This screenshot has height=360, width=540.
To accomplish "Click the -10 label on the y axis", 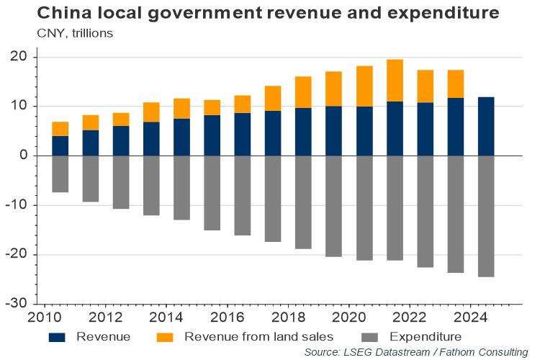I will pos(16,205).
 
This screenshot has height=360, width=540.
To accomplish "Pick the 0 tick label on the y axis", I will pos(23,156).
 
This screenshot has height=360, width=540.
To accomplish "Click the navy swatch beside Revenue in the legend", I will pos(59,336).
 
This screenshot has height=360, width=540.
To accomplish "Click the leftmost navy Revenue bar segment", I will pos(60,145).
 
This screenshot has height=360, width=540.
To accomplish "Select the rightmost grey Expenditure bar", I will pos(486,216).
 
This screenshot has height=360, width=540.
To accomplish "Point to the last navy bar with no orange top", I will pos(486,126).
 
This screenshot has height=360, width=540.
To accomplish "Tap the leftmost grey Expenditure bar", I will pos(60,174).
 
